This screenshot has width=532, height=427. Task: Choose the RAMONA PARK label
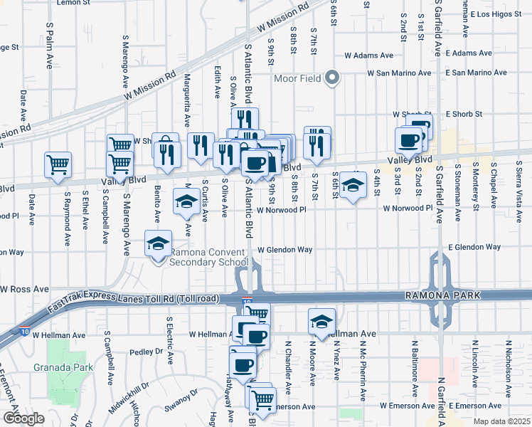point(453,295)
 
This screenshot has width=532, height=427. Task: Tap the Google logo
point(23,418)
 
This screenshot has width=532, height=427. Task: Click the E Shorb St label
point(464,114)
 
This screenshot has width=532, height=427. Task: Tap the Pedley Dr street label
point(147,352)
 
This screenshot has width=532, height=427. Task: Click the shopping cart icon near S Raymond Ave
point(58,164)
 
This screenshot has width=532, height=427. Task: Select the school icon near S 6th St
point(352,184)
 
